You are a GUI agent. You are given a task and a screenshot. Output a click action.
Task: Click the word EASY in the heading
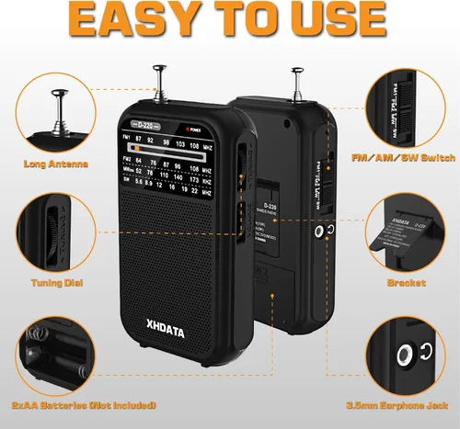tap(128, 20)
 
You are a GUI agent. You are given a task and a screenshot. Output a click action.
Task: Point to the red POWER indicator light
tap(190, 128)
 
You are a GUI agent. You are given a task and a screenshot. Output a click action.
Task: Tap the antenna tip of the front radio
tap(162, 67)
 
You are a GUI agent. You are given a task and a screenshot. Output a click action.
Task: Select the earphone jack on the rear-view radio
tap(318, 232)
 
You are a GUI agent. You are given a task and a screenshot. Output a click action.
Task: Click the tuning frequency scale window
tap(170, 166)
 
